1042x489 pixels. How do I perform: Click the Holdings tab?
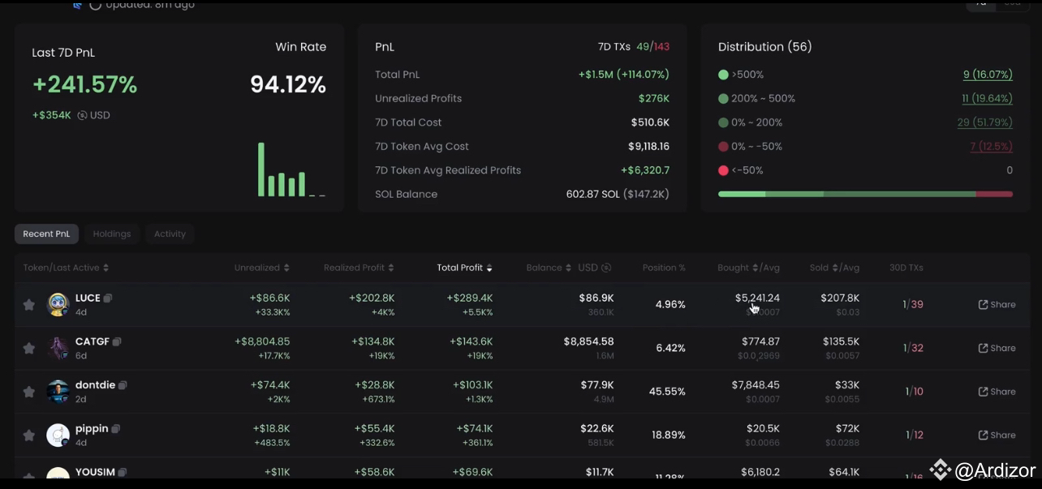click(x=112, y=234)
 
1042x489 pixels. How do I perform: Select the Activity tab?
click(x=170, y=234)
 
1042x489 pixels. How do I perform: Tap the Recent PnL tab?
click(x=46, y=234)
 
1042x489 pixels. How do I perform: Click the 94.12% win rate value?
click(x=287, y=84)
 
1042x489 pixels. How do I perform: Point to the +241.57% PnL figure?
click(x=84, y=84)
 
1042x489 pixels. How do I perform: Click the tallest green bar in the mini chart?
click(x=261, y=169)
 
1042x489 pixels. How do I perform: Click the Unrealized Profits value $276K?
click(x=653, y=98)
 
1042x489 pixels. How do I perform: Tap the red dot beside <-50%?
click(x=723, y=170)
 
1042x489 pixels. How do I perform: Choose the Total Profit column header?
click(x=459, y=268)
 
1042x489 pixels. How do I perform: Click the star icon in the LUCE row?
click(x=29, y=305)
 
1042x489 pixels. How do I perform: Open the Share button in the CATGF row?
click(x=997, y=348)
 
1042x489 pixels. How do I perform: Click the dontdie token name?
click(x=95, y=385)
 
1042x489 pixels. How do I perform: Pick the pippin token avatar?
click(x=58, y=435)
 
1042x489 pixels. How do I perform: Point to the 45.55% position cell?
click(x=667, y=392)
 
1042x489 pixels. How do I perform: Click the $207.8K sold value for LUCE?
click(x=839, y=298)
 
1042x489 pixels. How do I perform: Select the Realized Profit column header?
click(x=354, y=268)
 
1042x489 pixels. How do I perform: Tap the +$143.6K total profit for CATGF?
click(x=471, y=342)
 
